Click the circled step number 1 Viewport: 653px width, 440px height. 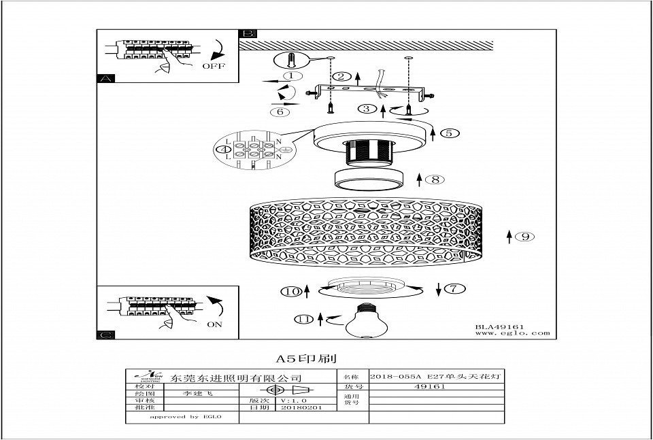tap(292, 76)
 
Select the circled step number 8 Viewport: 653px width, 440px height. tap(435, 180)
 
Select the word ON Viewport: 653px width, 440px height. tap(214, 324)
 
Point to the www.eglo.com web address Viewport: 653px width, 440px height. tap(512, 333)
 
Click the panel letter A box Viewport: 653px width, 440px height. tap(104, 78)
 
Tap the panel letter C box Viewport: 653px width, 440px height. tap(104, 334)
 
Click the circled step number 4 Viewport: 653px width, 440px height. tap(221, 148)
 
